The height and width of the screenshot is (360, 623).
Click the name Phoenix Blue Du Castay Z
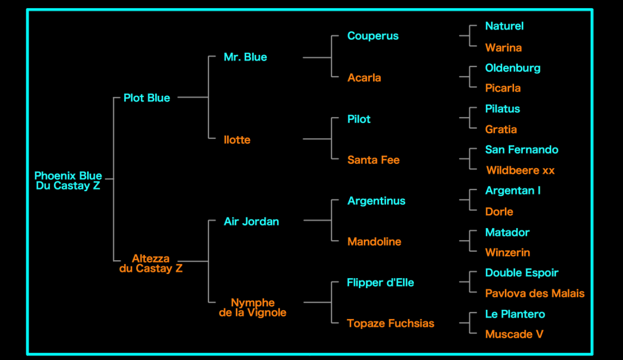[68, 180]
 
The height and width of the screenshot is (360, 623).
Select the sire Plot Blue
[146, 98]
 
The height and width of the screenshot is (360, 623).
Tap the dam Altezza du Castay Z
[151, 263]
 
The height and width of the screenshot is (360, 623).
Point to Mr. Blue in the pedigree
[245, 57]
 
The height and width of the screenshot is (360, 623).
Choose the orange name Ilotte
[237, 140]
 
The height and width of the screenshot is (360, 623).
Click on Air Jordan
[251, 221]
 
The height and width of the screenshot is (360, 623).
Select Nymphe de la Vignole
[252, 307]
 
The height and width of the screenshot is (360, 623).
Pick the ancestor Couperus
[373, 36]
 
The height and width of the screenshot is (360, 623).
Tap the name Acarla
[364, 77]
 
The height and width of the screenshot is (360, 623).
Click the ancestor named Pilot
[358, 119]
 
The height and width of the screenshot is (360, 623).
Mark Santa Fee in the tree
[373, 160]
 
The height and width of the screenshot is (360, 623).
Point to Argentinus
[376, 200]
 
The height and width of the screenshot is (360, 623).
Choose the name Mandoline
[374, 241]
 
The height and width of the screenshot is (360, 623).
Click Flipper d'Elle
[380, 282]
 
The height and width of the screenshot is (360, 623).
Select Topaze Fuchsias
[390, 323]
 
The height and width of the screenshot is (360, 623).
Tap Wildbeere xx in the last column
[520, 170]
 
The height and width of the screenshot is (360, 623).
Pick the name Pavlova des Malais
[534, 293]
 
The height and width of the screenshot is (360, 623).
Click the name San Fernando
[521, 149]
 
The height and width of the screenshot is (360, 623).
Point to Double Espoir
[521, 272]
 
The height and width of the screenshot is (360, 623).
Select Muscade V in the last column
[514, 334]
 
